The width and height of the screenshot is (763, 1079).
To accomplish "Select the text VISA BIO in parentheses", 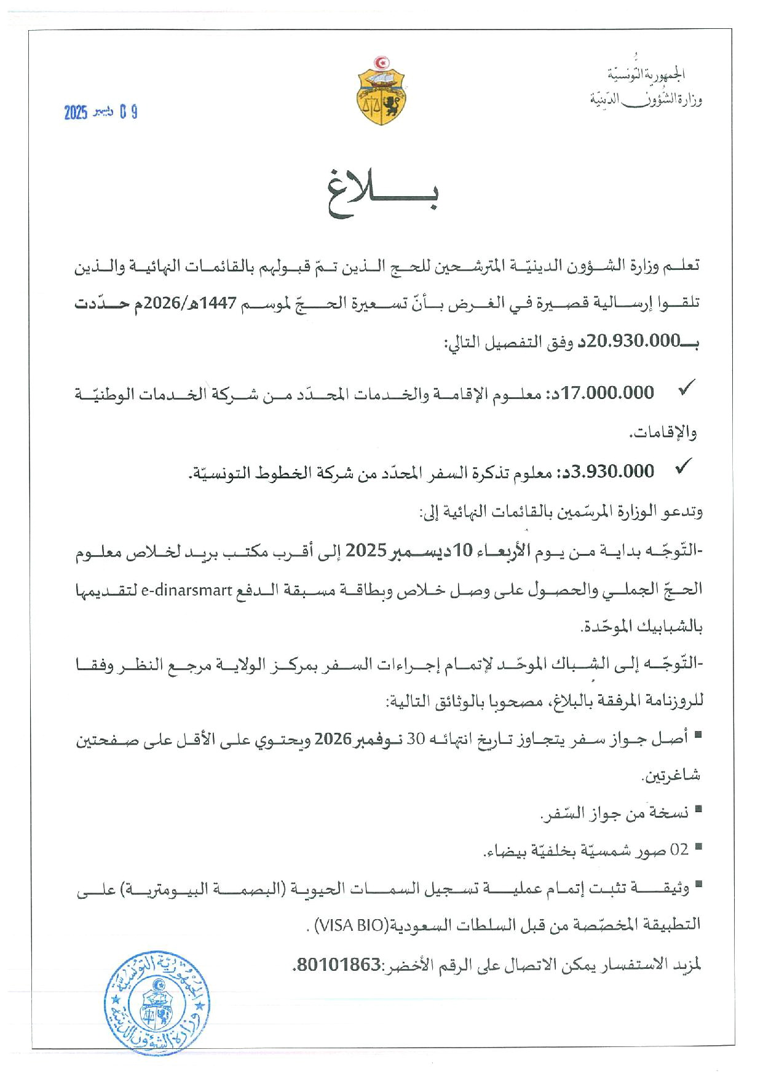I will tap(349, 925).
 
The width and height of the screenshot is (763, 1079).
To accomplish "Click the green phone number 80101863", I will tap(338, 965).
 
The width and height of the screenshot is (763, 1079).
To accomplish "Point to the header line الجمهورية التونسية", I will tap(646, 74).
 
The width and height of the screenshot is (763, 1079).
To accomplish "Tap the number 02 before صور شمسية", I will tap(679, 850).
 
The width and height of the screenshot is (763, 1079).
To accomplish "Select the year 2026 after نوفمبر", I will tap(333, 739).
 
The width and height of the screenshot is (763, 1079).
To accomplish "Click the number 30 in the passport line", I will tap(416, 740).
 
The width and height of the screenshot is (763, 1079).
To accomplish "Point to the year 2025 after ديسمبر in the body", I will tap(365, 551).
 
